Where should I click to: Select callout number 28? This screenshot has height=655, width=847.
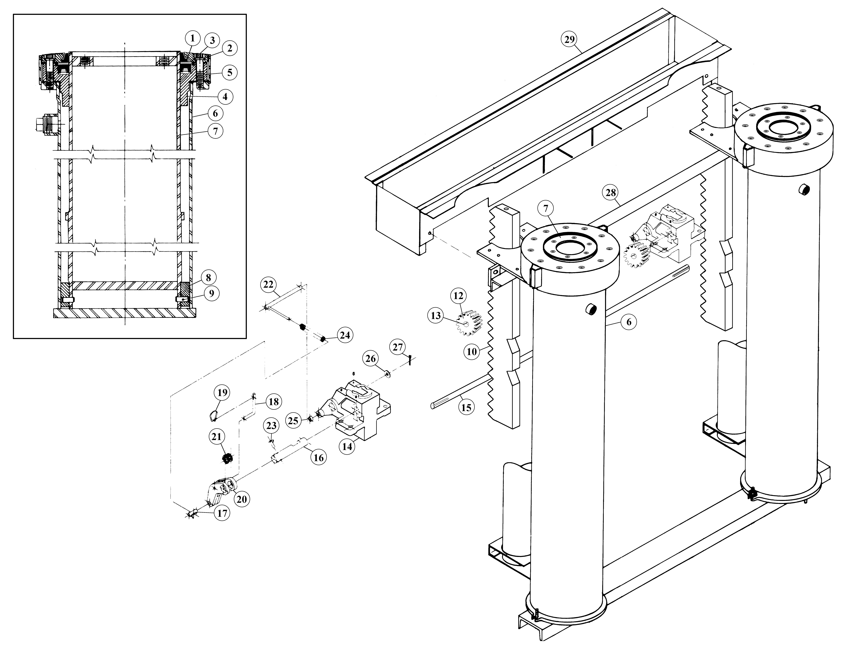[611, 193]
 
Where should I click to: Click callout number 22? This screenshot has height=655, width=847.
[268, 285]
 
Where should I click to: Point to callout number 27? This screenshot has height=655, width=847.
[398, 347]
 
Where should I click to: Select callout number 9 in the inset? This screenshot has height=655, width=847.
[211, 293]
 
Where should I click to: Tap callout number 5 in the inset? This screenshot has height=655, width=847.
[230, 72]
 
